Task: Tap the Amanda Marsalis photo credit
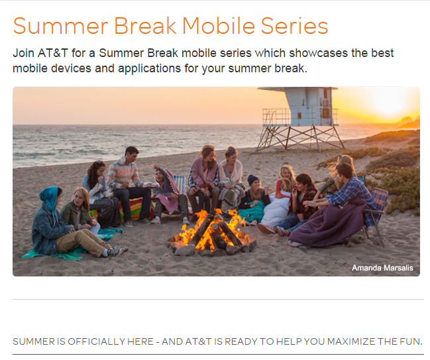pos(382,268)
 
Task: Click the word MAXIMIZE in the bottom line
pos(339,342)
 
